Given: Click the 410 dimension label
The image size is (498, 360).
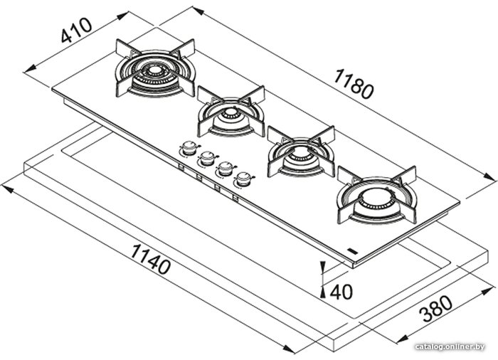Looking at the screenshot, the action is click(x=76, y=30).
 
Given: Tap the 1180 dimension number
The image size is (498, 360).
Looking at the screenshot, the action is click(x=353, y=84).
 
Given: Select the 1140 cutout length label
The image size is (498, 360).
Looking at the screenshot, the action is click(x=150, y=259).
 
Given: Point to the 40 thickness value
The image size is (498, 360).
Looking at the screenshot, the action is click(x=341, y=292).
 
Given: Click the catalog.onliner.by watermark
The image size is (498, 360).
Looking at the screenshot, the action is click(x=450, y=346).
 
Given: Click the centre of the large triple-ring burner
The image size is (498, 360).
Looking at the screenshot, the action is click(x=155, y=70).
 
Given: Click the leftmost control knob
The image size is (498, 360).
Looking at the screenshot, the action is click(x=190, y=147).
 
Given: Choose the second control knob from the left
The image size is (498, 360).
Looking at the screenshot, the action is click(x=207, y=157).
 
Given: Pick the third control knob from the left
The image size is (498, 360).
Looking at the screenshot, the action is click(x=226, y=168).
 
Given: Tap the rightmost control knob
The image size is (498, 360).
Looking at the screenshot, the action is click(x=244, y=179).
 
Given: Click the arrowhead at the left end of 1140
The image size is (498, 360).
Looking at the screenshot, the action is click(x=8, y=189).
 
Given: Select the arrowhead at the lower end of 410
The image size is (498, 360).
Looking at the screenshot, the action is click(x=30, y=68).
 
